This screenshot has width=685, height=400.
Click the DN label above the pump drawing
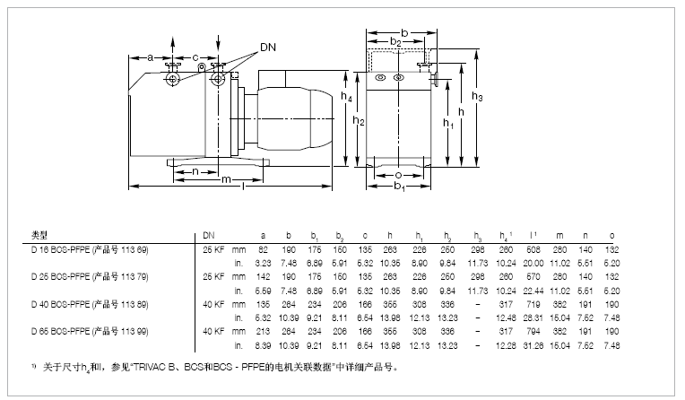[x=267, y=46]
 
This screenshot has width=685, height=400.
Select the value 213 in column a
[x=264, y=331]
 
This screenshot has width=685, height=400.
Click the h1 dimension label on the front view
[x=447, y=126]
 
